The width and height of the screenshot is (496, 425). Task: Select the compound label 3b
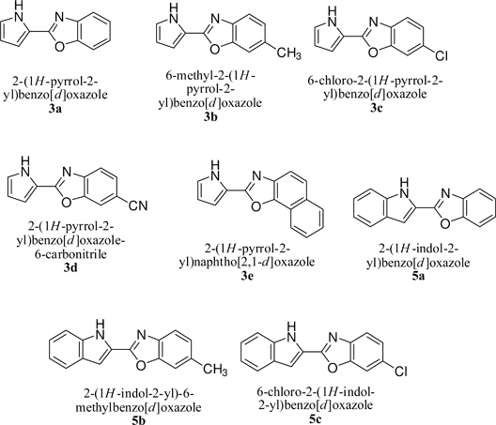(x=210, y=117)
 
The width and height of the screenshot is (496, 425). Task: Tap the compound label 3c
(x=376, y=109)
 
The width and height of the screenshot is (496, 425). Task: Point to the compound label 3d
(x=70, y=268)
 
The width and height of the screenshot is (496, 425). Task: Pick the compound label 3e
(x=247, y=276)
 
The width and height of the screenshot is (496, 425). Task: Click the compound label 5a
(x=418, y=276)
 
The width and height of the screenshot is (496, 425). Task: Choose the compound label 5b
(x=138, y=420)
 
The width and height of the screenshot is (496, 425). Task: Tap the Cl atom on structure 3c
(x=441, y=55)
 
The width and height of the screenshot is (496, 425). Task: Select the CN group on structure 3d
(x=138, y=205)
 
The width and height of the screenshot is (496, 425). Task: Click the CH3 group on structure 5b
(x=215, y=369)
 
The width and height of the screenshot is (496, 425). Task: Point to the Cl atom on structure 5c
(x=400, y=372)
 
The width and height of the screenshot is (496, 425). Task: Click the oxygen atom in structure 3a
(x=59, y=48)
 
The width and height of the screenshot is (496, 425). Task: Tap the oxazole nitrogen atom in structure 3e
(x=256, y=176)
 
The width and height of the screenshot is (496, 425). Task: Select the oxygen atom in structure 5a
(x=445, y=223)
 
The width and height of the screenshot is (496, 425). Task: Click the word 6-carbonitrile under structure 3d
(x=70, y=254)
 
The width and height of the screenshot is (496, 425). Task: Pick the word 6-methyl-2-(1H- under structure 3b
(x=210, y=76)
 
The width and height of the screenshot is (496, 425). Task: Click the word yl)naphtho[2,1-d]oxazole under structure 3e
(x=247, y=262)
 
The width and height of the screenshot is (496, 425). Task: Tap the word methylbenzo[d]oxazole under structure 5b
(x=138, y=407)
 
